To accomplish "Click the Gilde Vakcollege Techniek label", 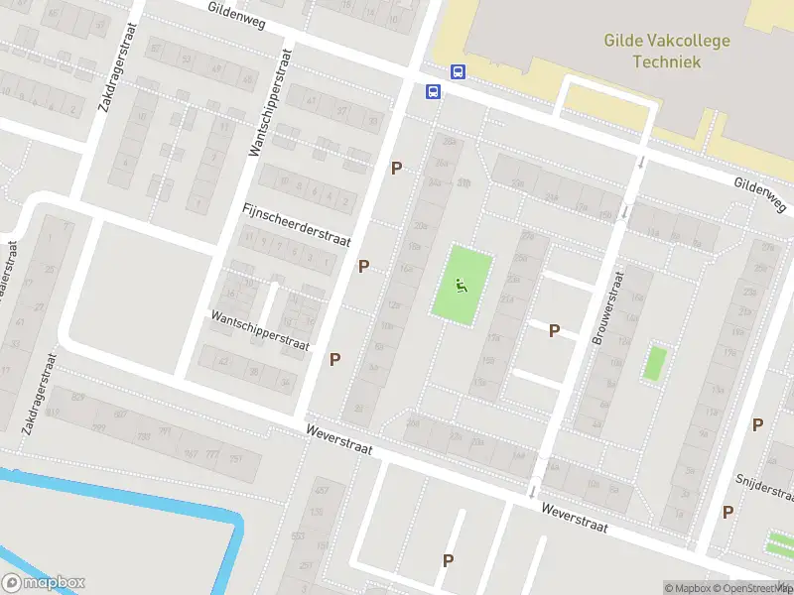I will [667, 51].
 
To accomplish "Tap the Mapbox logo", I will [44, 583].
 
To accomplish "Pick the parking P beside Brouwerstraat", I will [555, 330].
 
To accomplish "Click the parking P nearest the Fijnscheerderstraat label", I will [364, 266].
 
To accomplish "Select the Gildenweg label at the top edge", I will [237, 15].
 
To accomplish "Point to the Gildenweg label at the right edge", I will [760, 195].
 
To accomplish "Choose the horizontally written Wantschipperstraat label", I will [260, 330].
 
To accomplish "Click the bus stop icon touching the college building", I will [459, 71].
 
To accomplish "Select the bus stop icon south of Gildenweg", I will [434, 92].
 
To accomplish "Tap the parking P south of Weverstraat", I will [449, 560].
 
